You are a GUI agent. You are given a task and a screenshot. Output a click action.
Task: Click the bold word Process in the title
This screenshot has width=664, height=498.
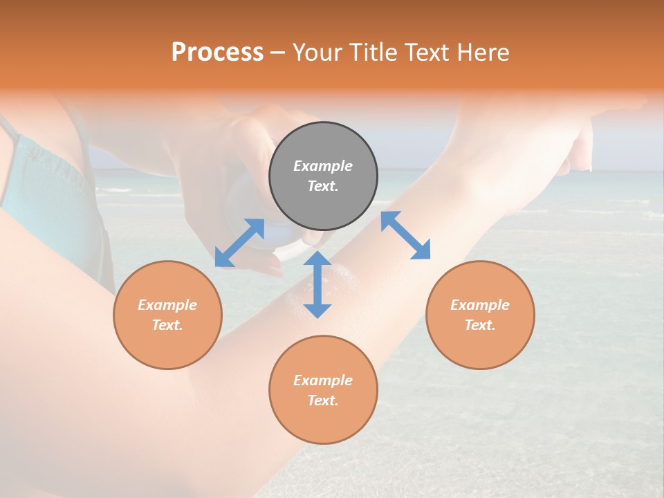[x=217, y=53]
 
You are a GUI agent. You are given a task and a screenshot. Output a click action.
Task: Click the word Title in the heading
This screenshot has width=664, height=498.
[x=373, y=53]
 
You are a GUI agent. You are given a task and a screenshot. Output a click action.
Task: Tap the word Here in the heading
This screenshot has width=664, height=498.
[x=482, y=53]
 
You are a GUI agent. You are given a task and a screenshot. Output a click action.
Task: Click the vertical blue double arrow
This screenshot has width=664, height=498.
[x=317, y=285]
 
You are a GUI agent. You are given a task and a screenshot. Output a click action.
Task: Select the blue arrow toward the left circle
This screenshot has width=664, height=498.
[x=239, y=243]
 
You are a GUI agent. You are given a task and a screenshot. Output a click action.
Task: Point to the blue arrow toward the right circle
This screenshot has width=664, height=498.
[x=405, y=235]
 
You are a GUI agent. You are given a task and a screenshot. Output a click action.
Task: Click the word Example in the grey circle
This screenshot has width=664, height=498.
[x=323, y=166]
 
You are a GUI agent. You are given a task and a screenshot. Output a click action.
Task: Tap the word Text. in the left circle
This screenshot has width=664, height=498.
[x=167, y=325]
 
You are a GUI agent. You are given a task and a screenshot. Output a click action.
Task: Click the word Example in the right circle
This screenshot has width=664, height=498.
[x=480, y=305]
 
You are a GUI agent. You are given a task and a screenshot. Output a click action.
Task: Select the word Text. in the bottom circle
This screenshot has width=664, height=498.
[x=323, y=400]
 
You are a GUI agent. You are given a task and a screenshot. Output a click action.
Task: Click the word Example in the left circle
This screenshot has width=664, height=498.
[x=167, y=305]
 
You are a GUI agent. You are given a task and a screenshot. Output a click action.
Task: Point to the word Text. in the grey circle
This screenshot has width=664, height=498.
[x=323, y=186]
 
